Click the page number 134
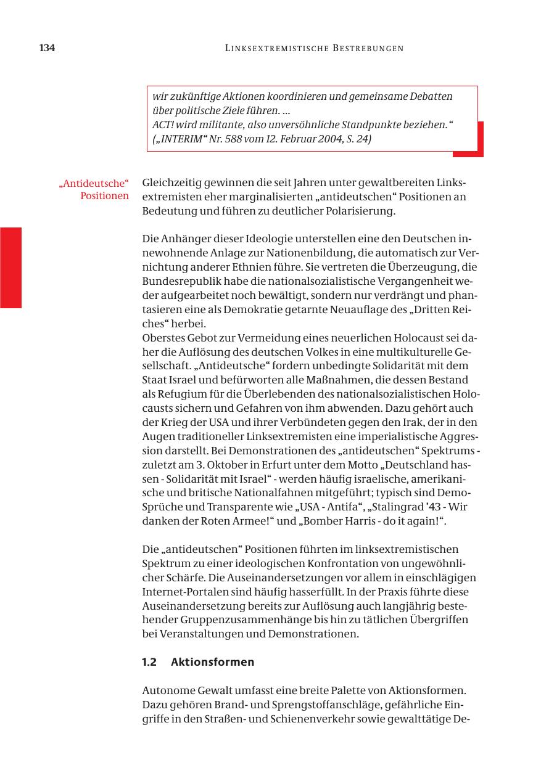(x=47, y=48)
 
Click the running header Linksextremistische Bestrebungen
(x=315, y=48)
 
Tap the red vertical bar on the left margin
(x=10, y=267)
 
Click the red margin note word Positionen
(x=104, y=196)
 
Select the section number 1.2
(x=149, y=662)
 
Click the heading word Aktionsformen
(x=212, y=662)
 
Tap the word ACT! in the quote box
(x=163, y=125)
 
